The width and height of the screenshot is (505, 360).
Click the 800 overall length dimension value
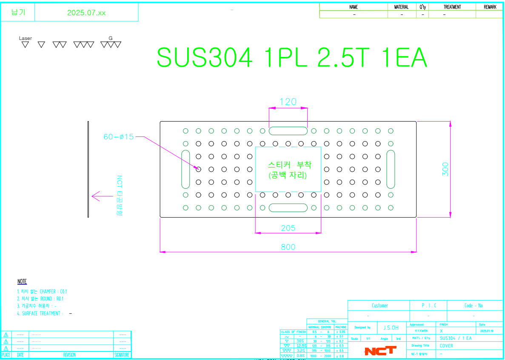(x=288, y=247)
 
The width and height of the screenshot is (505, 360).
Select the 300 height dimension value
(x=445, y=170)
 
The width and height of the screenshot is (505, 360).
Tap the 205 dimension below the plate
(x=288, y=228)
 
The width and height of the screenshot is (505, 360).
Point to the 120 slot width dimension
(x=288, y=102)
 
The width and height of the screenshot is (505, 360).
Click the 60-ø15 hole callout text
(x=119, y=137)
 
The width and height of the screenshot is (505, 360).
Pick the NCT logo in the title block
(x=380, y=351)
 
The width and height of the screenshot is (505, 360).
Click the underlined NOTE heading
(x=22, y=281)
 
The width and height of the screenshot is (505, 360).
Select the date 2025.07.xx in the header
(x=86, y=13)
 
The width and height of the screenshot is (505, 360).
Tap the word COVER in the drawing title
(x=446, y=346)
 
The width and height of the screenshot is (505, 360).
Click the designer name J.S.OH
(x=391, y=328)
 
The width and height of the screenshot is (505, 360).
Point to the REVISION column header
(x=69, y=355)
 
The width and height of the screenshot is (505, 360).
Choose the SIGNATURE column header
(x=122, y=355)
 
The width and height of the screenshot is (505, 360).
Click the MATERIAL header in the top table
(x=401, y=7)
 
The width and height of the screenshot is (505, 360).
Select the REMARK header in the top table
(x=490, y=7)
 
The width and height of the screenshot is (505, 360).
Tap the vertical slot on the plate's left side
(x=185, y=169)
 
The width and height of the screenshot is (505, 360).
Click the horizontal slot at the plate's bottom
(x=288, y=208)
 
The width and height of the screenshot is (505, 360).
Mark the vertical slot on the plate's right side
(x=391, y=169)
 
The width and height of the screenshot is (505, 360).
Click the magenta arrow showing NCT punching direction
(x=101, y=196)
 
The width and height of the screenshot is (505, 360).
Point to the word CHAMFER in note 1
(x=47, y=292)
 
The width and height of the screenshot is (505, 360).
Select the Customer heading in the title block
(x=379, y=306)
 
